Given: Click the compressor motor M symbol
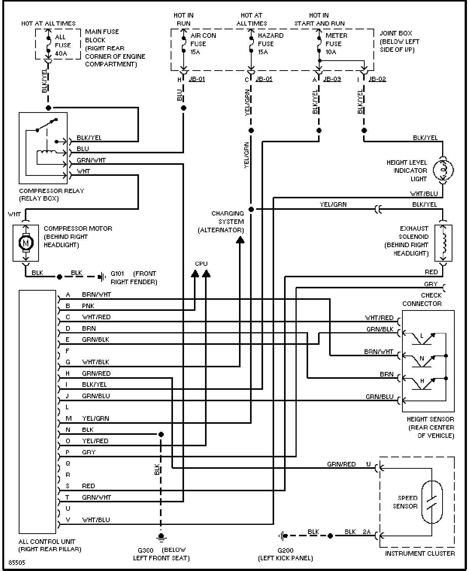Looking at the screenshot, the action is click(x=26, y=243).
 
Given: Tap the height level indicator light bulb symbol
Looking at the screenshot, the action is click(x=443, y=170).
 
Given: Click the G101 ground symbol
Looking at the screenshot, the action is click(x=102, y=277).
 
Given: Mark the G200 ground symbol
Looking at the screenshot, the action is click(x=283, y=536).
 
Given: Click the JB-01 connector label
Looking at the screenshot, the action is click(x=197, y=79).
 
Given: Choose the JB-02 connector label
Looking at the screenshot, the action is click(x=377, y=79).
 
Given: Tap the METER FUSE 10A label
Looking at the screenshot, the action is click(x=336, y=43).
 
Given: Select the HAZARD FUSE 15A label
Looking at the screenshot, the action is click(x=270, y=43).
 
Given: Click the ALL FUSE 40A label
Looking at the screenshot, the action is click(x=63, y=45).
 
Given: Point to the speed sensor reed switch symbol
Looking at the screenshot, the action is click(x=432, y=502).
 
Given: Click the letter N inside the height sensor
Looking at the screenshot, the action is click(x=422, y=359).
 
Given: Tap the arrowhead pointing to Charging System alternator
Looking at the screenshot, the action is click(x=240, y=240).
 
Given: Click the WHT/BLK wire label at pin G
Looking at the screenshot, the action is click(x=95, y=362).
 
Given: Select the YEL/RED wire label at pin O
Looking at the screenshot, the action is click(x=95, y=441).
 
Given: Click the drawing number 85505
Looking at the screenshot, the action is click(x=17, y=560).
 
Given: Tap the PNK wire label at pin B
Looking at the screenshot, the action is click(x=88, y=306).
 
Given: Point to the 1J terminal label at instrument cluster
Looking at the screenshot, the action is click(x=368, y=464).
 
